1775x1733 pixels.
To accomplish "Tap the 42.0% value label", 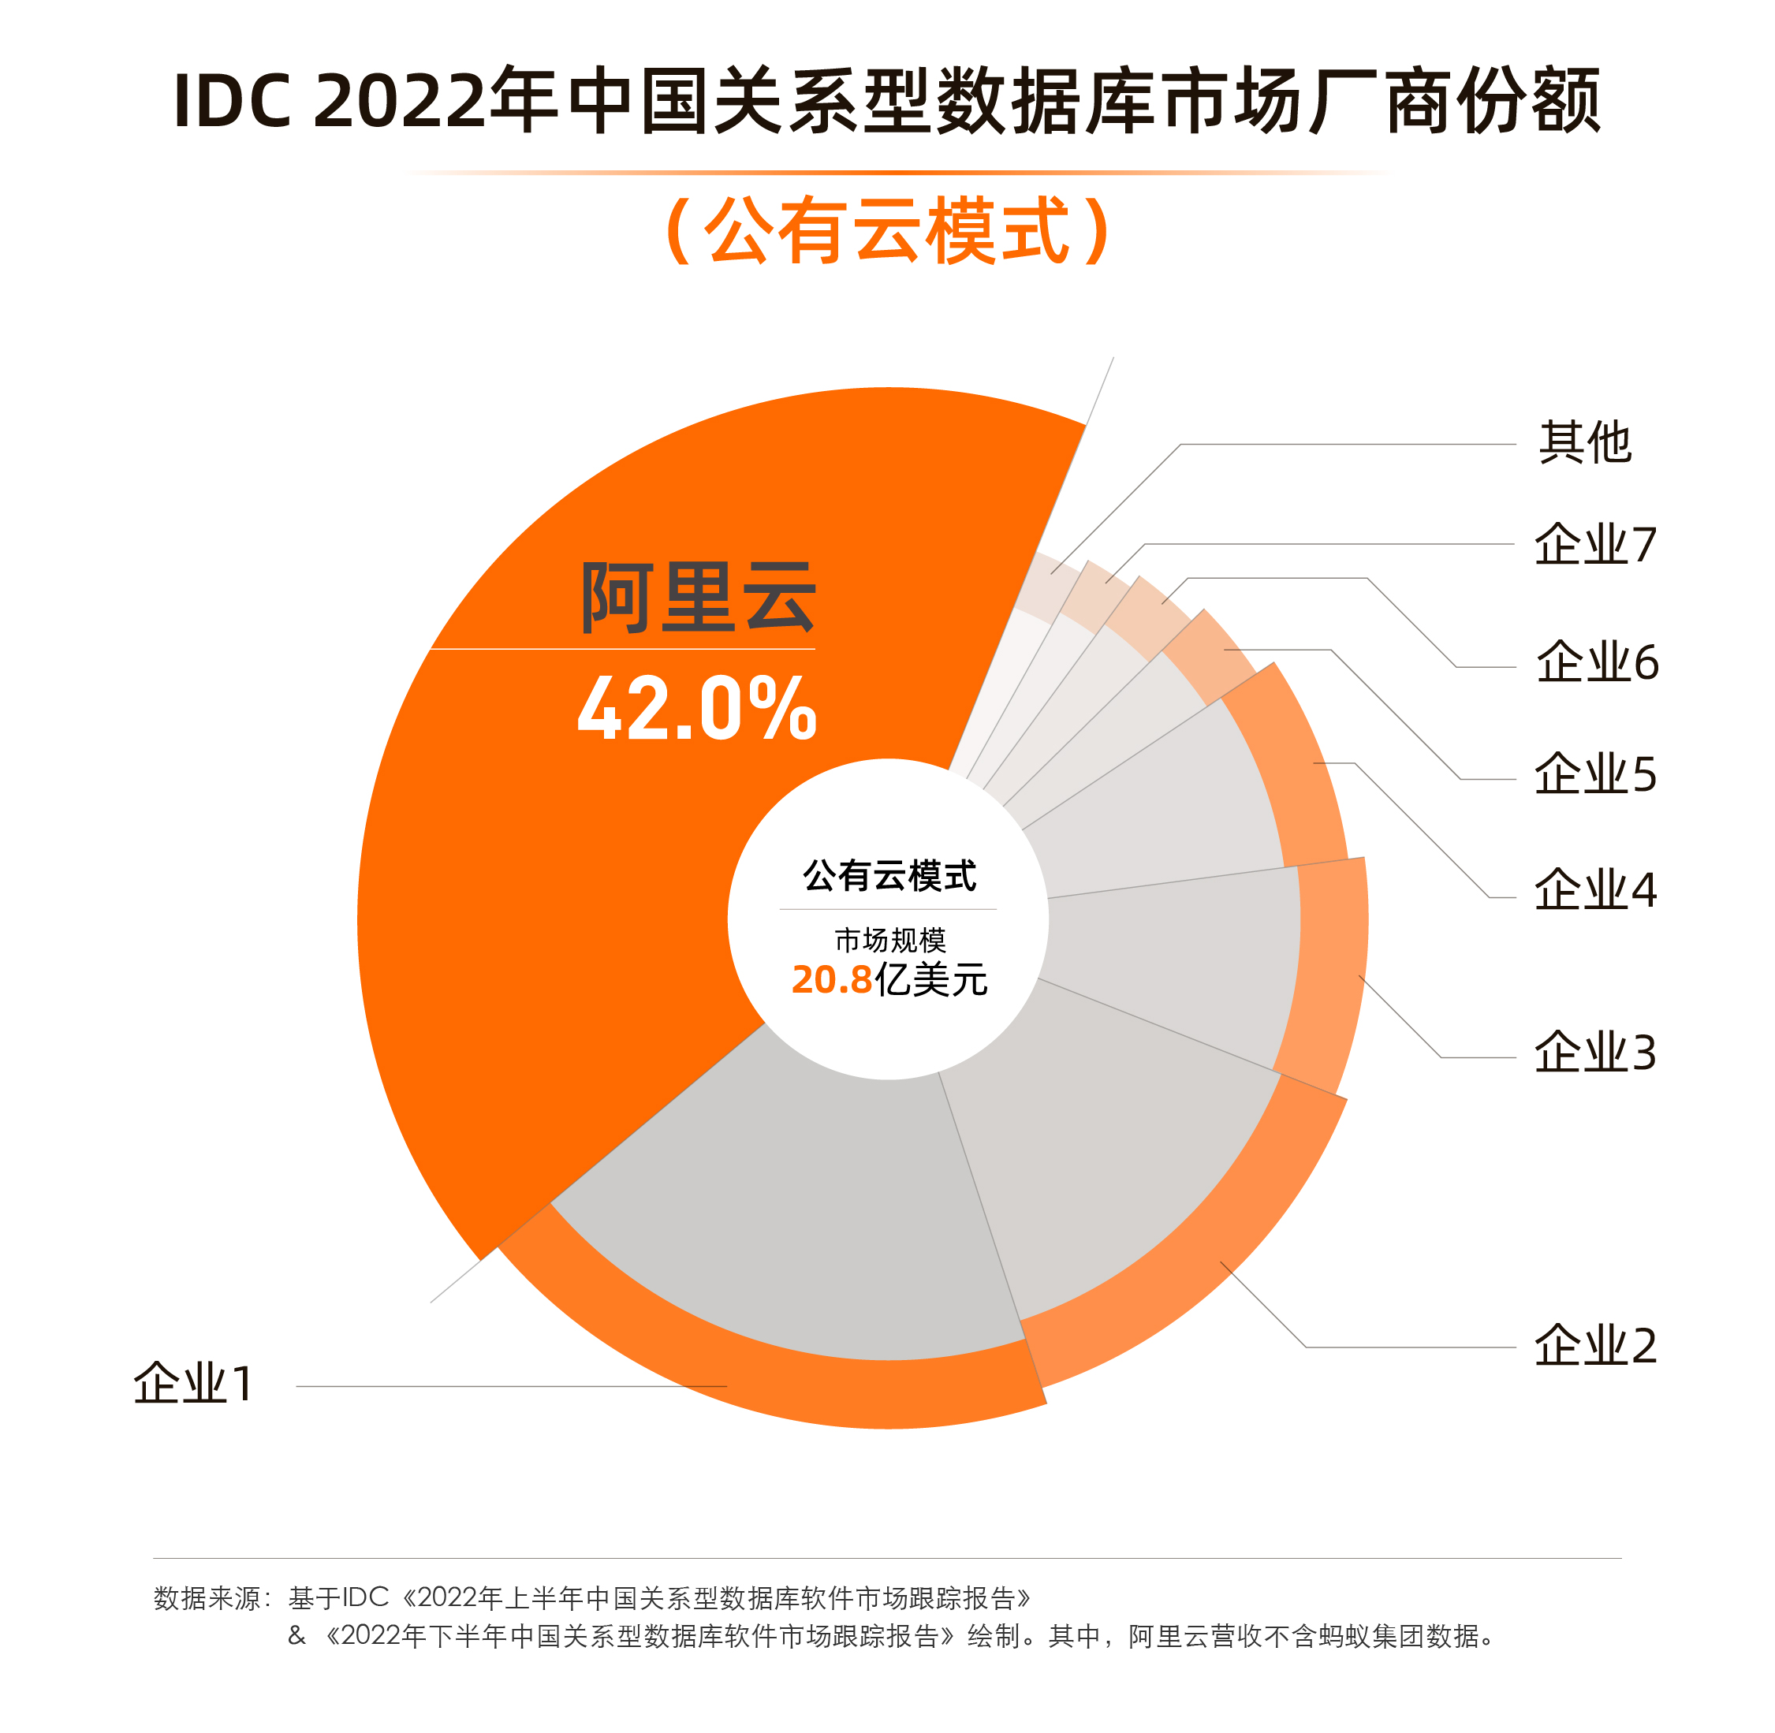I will [x=696, y=707].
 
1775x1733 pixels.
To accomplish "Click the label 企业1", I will [x=193, y=1385].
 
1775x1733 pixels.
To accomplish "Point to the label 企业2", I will [x=1594, y=1345].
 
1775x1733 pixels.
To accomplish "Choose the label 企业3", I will [x=1594, y=1053].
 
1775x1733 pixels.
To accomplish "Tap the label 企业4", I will [x=1594, y=890].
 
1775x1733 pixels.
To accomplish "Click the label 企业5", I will [x=1594, y=776].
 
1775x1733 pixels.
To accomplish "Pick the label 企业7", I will [x=1594, y=545].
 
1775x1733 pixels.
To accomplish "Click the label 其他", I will [x=1584, y=443].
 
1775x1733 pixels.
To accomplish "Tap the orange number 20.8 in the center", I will [x=831, y=980].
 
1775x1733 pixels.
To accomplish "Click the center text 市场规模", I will [x=889, y=939].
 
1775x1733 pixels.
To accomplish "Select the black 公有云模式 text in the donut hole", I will [x=889, y=876].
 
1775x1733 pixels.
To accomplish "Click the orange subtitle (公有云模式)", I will [x=888, y=231].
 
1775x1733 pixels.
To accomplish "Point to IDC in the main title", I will [x=232, y=101].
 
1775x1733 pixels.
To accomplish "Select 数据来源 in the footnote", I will [x=207, y=1598].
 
